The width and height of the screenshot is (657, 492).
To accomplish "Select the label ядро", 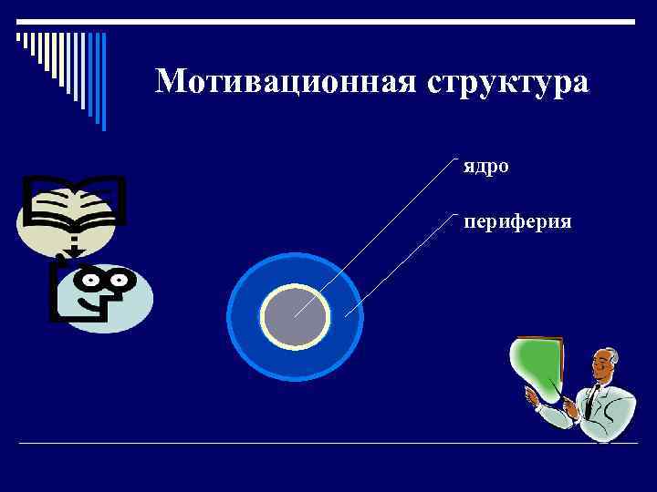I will click(485, 167).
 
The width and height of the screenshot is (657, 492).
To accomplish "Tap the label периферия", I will click(517, 221).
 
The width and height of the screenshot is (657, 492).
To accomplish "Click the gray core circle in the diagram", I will click(295, 317).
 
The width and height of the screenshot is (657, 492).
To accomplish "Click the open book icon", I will click(71, 204).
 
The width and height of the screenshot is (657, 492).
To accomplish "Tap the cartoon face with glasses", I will click(102, 293).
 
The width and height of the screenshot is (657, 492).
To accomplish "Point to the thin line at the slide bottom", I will click(328, 444).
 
